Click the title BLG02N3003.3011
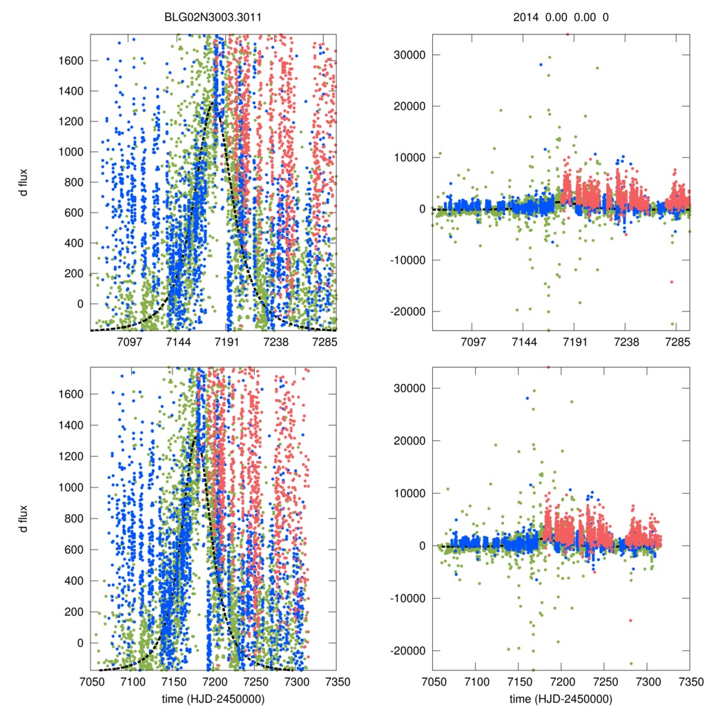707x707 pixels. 213,17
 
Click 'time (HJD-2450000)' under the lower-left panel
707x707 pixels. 213,699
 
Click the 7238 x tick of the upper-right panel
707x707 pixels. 627,342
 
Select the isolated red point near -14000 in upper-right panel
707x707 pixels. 671,282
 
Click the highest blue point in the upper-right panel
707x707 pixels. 541,64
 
